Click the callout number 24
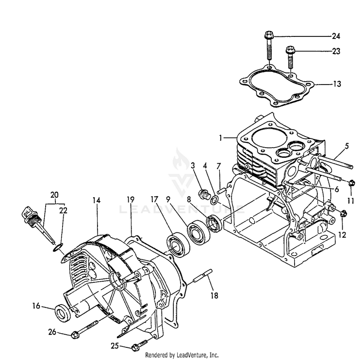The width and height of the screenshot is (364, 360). tap(336, 35)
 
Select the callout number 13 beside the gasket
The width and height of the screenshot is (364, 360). tap(336, 84)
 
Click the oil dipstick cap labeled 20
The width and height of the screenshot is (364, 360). tap(27, 213)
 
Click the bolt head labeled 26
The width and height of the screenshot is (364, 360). tap(75, 335)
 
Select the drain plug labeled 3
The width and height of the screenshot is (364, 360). tap(204, 196)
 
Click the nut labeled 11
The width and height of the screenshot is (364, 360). tap(351, 183)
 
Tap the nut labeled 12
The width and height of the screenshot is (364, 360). tap(343, 212)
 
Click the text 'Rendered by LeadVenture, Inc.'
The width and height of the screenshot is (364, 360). tap(182, 355)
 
